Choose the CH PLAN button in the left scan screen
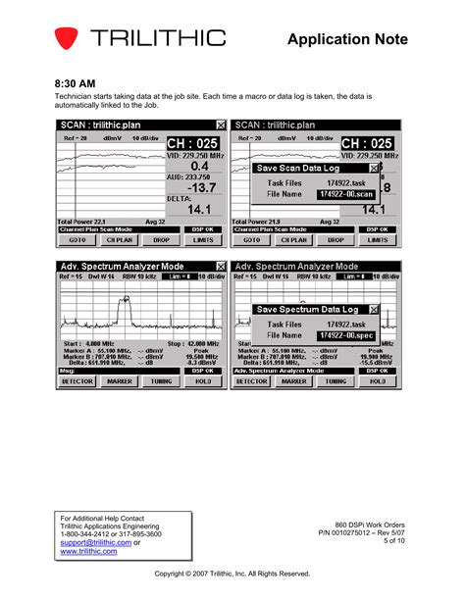(x=119, y=239)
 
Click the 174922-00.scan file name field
(x=346, y=194)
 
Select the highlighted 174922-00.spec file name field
(x=346, y=335)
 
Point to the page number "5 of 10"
(x=394, y=540)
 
